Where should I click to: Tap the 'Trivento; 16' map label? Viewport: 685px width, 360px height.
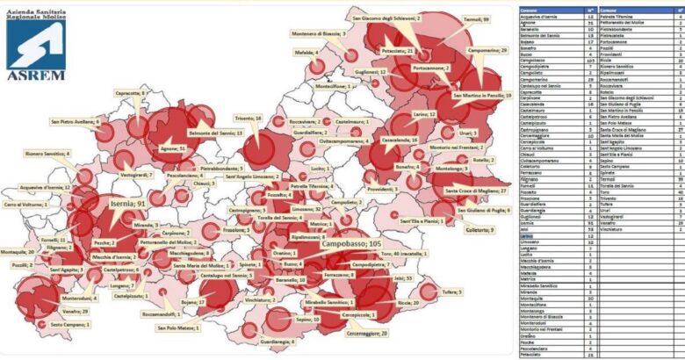(248, 117)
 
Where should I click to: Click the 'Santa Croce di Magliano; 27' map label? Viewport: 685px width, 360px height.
(478, 191)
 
